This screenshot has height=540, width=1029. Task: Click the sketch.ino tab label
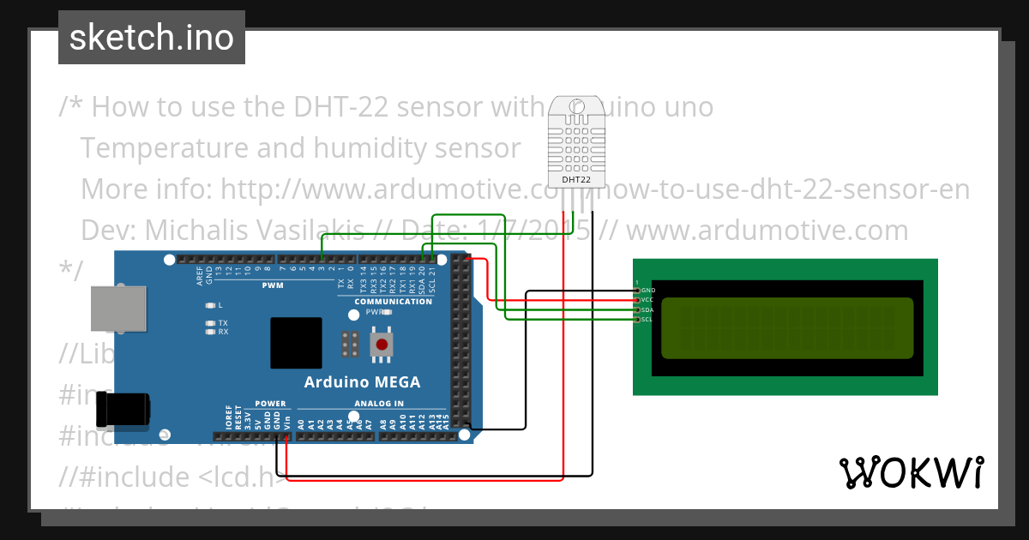[x=152, y=38]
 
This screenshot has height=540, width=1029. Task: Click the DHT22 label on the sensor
[x=575, y=180]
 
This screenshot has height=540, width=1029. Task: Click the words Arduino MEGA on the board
[x=363, y=382]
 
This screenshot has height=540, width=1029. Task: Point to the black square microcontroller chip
[x=297, y=343]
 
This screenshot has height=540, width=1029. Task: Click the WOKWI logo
[x=911, y=471]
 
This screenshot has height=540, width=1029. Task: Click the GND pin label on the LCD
[x=648, y=291]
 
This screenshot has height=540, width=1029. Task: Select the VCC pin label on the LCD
[x=647, y=300]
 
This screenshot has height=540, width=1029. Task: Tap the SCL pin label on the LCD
[x=647, y=320]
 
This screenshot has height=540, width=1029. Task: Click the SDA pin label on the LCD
[x=647, y=309]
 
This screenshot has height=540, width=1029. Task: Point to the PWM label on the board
[x=273, y=285]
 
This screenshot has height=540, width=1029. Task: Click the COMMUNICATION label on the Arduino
[x=394, y=302]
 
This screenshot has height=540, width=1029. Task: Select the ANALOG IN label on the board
[x=378, y=404]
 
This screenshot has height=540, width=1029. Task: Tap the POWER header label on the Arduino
[x=271, y=404]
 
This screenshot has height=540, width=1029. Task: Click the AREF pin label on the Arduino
[x=200, y=274]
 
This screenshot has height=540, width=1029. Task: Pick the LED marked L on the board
[x=211, y=304]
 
